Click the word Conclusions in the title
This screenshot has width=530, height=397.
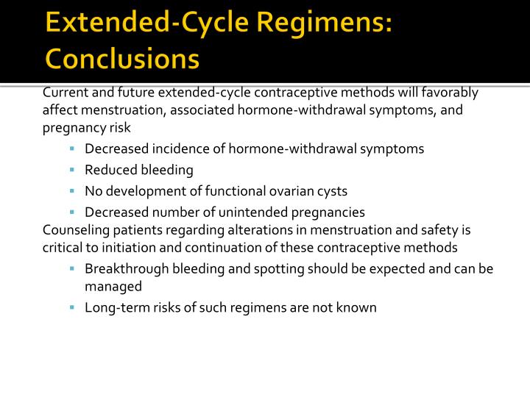click(x=121, y=58)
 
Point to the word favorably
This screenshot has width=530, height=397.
click(x=451, y=93)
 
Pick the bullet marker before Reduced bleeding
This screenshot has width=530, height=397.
click(x=74, y=170)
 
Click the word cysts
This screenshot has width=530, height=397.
click(x=332, y=191)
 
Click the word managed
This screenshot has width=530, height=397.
click(x=113, y=287)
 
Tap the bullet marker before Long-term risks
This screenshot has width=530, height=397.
click(x=74, y=307)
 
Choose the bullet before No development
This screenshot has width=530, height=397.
click(x=74, y=191)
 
